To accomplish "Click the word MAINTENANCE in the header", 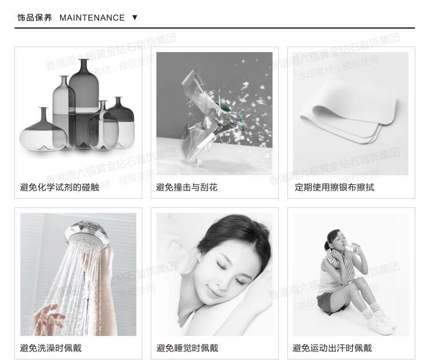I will pyautogui.click(x=92, y=18).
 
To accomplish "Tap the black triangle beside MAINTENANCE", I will pyautogui.click(x=135, y=18).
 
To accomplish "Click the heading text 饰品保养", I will pyautogui.click(x=34, y=18).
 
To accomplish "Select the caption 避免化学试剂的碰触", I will pyautogui.click(x=60, y=187).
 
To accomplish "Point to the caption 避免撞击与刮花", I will pyautogui.click(x=187, y=187).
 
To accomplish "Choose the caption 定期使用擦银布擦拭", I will pyautogui.click(x=334, y=187).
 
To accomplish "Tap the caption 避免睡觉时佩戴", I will pyautogui.click(x=187, y=347).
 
